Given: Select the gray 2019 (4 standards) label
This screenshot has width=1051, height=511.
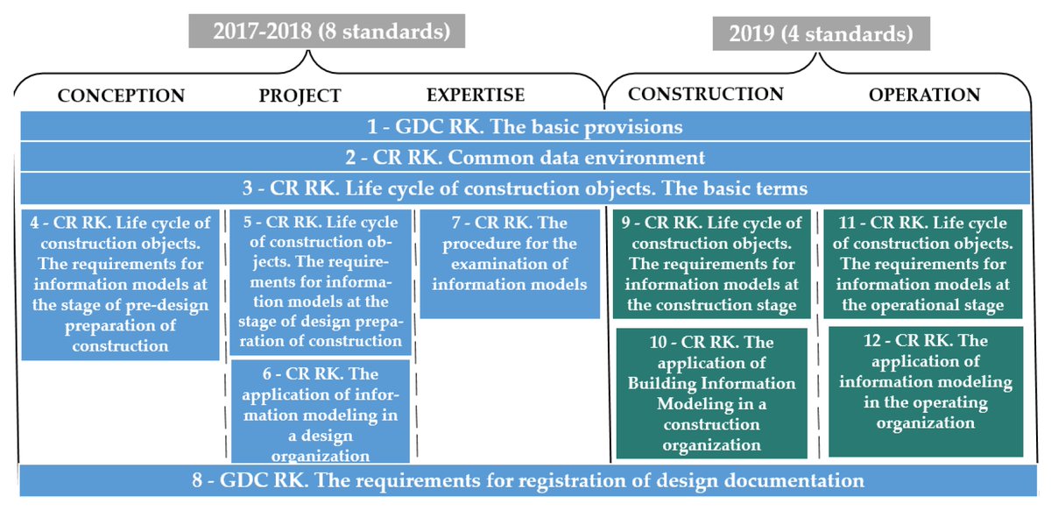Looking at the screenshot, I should tap(821, 35).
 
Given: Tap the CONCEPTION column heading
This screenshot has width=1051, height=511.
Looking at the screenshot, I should tap(122, 96).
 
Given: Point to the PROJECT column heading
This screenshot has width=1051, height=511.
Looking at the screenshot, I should tap(300, 96).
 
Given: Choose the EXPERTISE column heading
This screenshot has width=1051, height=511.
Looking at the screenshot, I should tap(476, 95).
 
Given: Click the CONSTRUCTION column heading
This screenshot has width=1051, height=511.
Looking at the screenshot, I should tap(706, 94).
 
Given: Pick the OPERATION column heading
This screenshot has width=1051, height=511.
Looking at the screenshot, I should tap(924, 95).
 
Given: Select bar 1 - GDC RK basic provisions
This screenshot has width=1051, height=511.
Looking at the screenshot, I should tap(525, 126).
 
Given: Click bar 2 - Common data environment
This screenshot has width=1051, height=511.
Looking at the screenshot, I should tap(525, 158).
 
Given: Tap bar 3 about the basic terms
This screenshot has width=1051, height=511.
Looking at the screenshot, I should tap(525, 188).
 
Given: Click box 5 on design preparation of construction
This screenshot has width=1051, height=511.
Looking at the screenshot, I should tap(320, 282).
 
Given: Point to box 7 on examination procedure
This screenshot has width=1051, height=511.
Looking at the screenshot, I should tap(510, 263).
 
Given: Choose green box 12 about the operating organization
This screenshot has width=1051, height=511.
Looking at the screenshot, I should tap(926, 391).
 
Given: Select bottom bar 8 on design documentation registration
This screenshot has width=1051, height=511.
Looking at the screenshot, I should tap(525, 480).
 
